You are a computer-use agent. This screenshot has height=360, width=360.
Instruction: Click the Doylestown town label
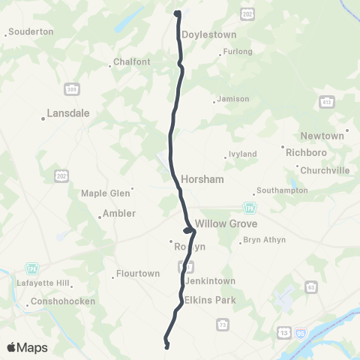[x=208, y=34]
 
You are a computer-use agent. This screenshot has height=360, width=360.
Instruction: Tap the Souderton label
[x=30, y=31]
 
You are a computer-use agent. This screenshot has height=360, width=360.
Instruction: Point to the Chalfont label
[x=132, y=61]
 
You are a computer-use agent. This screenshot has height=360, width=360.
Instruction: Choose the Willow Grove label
[x=226, y=223]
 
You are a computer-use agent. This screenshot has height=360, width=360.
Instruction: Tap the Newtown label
[x=322, y=136]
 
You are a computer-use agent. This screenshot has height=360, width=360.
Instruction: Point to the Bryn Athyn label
[x=262, y=241]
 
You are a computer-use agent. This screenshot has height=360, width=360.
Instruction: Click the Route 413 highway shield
[x=325, y=100]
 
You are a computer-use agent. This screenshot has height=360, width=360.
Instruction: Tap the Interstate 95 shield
[x=299, y=331]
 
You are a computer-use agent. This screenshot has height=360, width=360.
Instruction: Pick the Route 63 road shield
[x=311, y=286]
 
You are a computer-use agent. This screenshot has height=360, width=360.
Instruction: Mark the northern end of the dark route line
[x=178, y=13]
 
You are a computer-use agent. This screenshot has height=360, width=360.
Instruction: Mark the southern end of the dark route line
[x=167, y=346]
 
